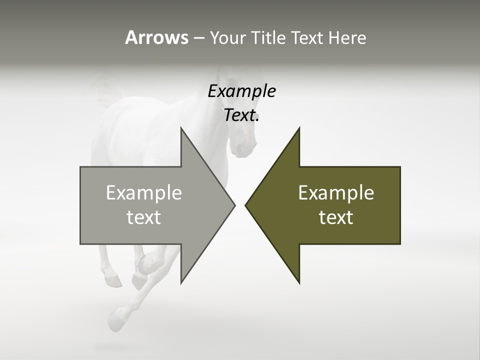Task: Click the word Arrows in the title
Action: coord(156,37)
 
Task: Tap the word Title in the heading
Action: coord(265,38)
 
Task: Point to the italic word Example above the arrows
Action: coord(241,91)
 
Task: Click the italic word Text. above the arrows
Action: coord(241,115)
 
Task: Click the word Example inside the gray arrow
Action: coord(144,192)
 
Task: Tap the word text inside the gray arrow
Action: coord(144,217)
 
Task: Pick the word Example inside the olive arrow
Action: coord(336,192)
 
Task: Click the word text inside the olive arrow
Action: coord(336,217)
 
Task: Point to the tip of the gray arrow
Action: coord(233,205)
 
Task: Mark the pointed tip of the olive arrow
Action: coord(246,205)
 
